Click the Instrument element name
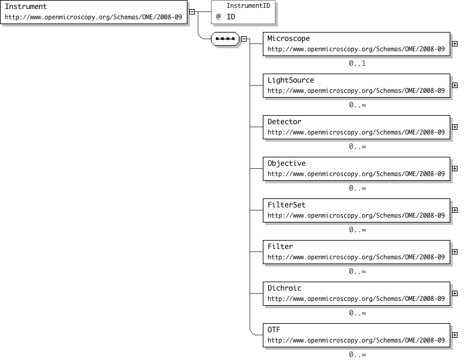pos(26,7)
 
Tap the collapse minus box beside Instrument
pos(192,12)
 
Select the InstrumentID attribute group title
pos(248,5)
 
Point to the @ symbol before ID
pos(218,16)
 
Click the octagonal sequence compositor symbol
pos(225,39)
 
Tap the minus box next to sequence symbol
pos(244,39)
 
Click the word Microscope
pos(288,39)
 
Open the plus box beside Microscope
pos(455,43)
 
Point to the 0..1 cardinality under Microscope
pos(357,63)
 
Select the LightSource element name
pos(291,80)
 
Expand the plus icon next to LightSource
pos(455,85)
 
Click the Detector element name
pos(284,122)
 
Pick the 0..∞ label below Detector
pos(357,147)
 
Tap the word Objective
pos(286,163)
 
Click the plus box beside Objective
pos(455,168)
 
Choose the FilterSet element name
pos(286,205)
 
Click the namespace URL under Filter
pos(356,257)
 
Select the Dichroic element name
pos(284,288)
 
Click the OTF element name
pos(274,330)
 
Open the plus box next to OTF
pos(455,335)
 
